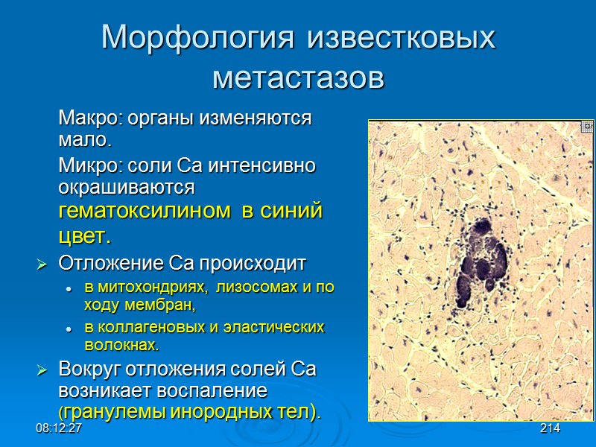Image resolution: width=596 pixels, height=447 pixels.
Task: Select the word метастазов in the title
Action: (298, 76)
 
